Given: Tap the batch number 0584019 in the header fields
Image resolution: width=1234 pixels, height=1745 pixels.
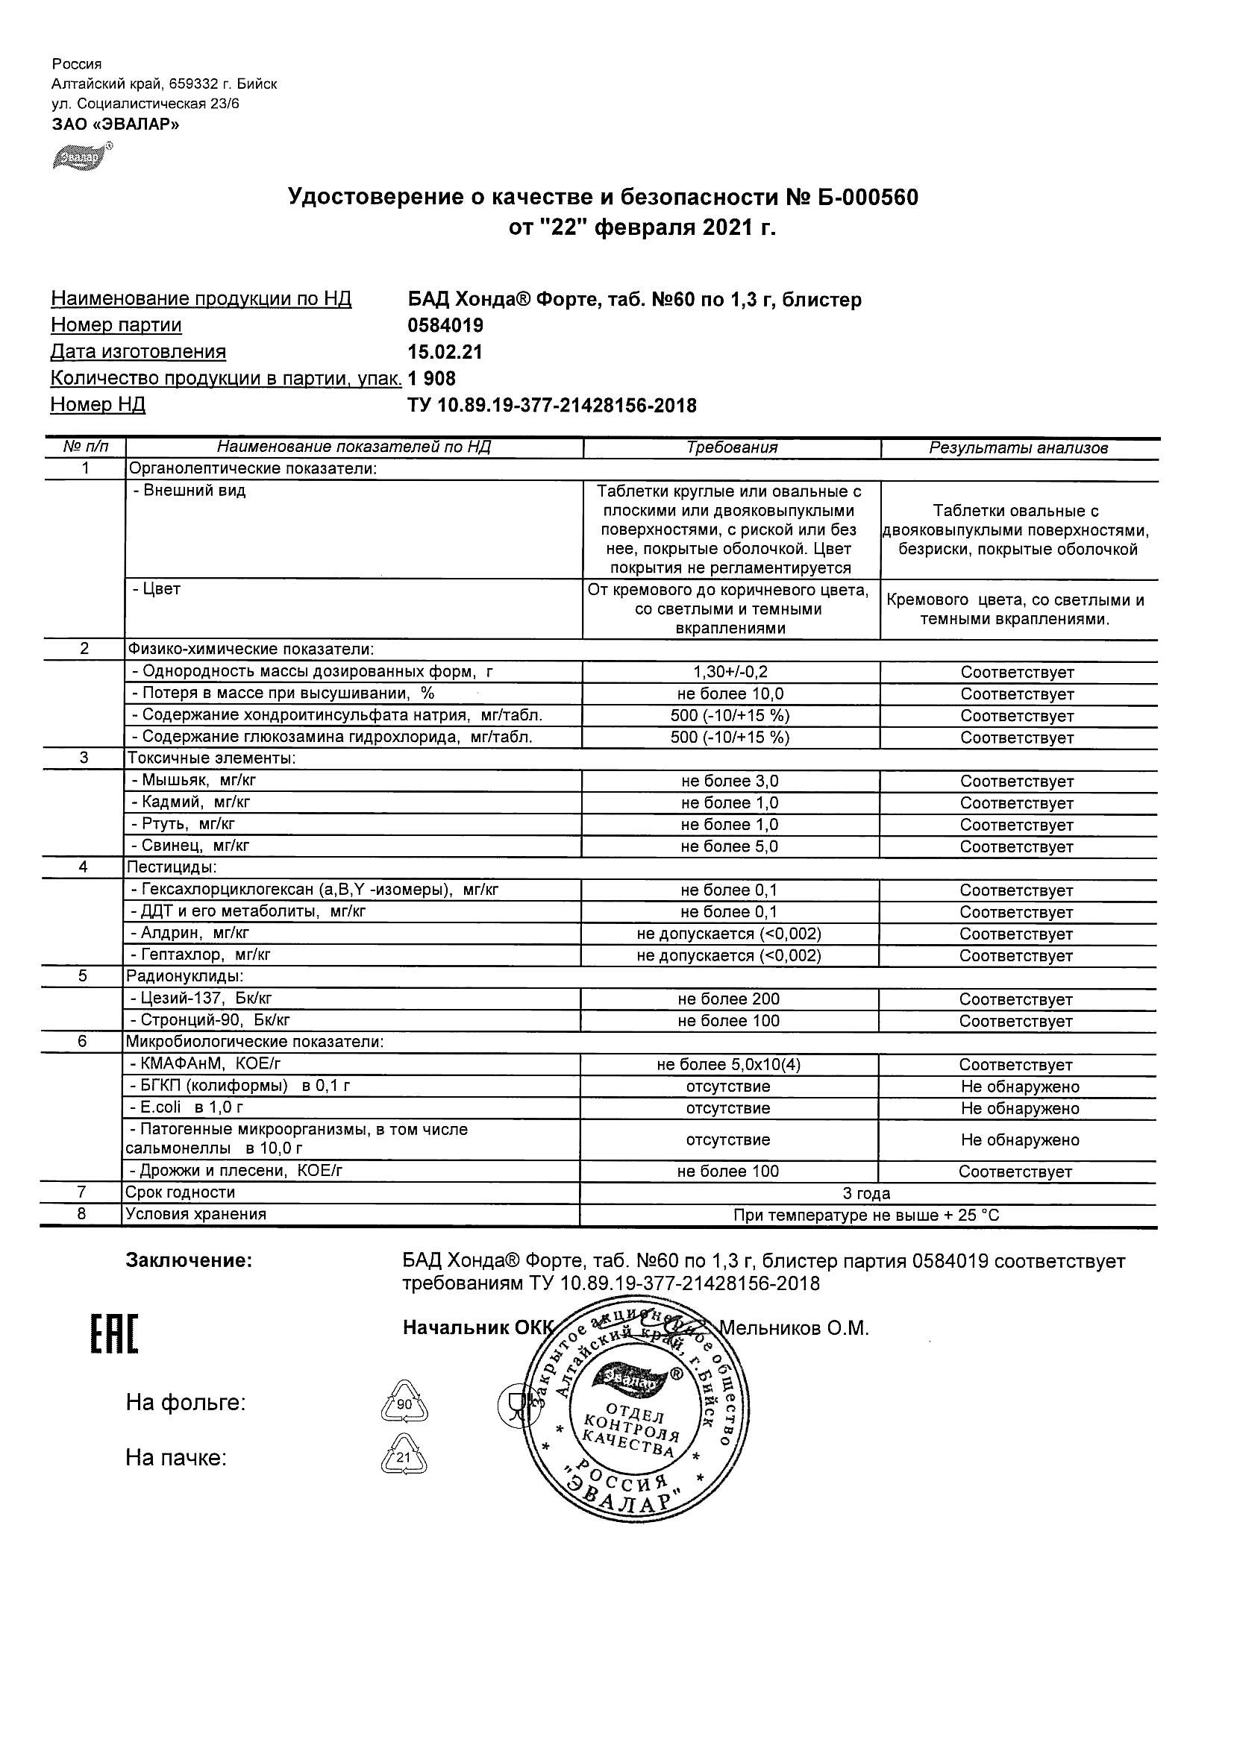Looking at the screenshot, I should point(445,326).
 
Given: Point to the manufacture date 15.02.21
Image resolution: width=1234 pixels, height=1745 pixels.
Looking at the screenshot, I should point(445,353).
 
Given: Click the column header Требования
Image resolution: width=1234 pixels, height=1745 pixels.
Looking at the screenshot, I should point(731,447).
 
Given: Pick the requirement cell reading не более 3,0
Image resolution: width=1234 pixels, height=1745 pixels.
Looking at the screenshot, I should point(730,782).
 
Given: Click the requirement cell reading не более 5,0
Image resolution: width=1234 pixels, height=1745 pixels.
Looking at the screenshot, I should point(730,846).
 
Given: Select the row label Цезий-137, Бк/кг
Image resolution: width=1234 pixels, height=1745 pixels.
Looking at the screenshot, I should point(200,999).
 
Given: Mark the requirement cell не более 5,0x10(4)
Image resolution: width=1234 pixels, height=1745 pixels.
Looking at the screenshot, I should point(728,1065).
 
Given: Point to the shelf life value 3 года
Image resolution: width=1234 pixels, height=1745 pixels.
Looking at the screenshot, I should point(867,1193).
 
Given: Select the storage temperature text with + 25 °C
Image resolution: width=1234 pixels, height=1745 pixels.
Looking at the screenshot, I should point(866,1216).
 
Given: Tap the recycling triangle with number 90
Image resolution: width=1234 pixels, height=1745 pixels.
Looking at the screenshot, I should point(404,1403).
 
